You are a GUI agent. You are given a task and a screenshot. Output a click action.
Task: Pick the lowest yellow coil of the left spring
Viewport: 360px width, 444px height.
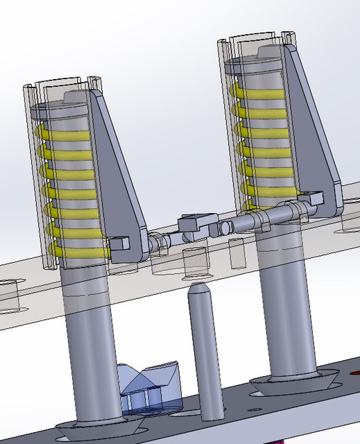coord(76,244)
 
